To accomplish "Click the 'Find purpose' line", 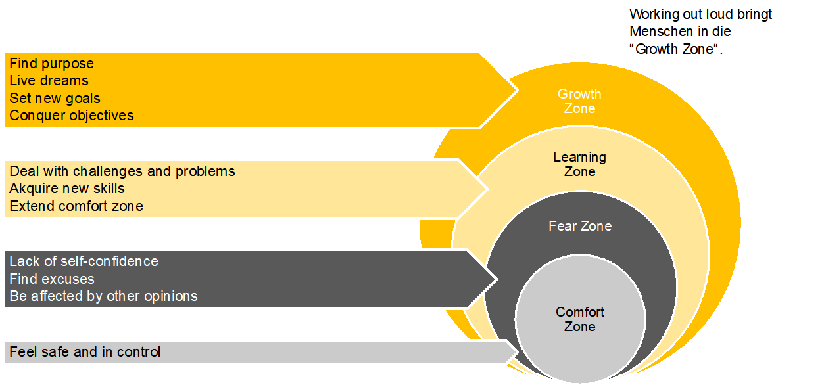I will point(51,64).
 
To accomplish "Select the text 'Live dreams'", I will point(49,81).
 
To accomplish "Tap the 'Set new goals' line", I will point(55,98).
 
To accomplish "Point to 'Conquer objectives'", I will point(71,115).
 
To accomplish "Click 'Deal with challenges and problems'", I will point(122,171).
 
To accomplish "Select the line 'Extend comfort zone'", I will point(76,206).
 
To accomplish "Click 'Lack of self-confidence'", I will point(84,261).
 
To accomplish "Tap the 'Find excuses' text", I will point(51,279).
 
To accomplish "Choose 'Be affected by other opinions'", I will point(103,296).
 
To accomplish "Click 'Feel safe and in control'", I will point(85,351).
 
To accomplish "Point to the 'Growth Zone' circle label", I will point(579,101).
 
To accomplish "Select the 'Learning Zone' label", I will point(579,164).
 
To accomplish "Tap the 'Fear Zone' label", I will point(580,226).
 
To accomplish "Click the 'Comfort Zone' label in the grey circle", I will point(579,319).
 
